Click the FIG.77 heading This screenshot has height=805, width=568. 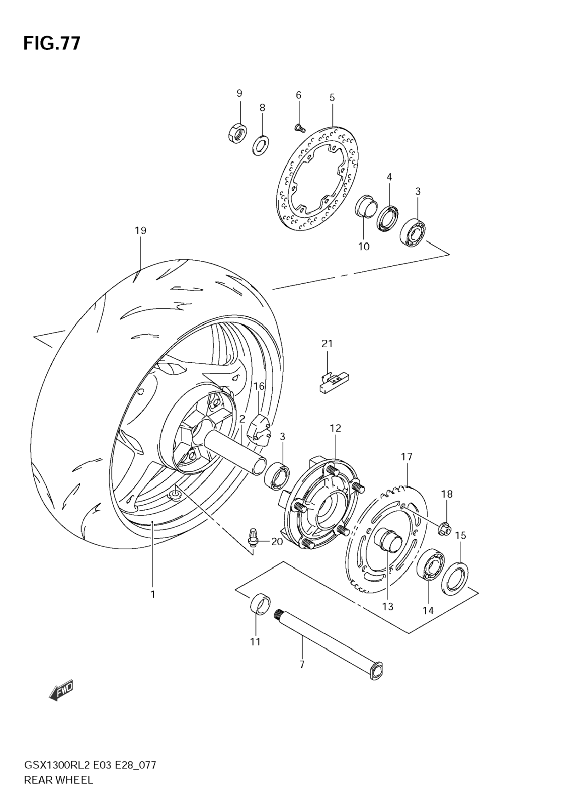pyautogui.click(x=52, y=43)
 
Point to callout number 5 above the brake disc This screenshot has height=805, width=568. pyautogui.click(x=332, y=98)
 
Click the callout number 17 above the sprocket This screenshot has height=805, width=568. pyautogui.click(x=407, y=456)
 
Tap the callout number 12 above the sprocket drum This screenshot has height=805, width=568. pyautogui.click(x=335, y=428)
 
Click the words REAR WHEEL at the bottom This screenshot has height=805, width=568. pyautogui.click(x=59, y=787)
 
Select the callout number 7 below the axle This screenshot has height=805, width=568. pyautogui.click(x=302, y=664)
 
